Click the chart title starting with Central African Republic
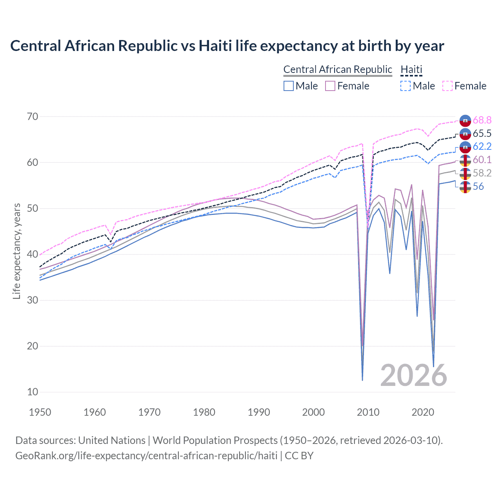(227, 46)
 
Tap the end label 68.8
(482, 120)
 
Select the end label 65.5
(482, 133)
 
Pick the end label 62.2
(482, 146)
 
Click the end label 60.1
(482, 160)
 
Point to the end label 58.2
(482, 173)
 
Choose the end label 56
(478, 186)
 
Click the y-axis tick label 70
(33, 116)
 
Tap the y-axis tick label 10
(33, 392)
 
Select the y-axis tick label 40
(33, 254)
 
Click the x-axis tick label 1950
(40, 412)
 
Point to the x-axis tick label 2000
(313, 412)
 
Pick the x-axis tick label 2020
(423, 412)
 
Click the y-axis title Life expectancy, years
(16, 251)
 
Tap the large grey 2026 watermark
(413, 375)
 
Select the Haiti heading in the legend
(411, 69)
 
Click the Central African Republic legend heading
(338, 69)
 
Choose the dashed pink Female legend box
(447, 86)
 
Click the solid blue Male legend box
(289, 86)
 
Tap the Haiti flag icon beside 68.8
(465, 120)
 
